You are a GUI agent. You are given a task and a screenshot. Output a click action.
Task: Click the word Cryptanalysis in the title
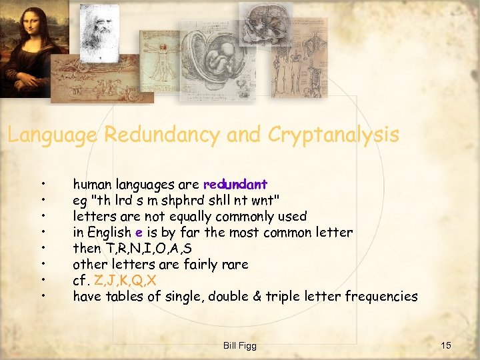point(333,135)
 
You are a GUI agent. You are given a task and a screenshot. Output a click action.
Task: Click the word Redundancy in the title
point(161,135)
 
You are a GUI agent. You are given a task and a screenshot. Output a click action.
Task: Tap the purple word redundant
point(235,184)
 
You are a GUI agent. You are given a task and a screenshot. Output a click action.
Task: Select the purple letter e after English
point(138,232)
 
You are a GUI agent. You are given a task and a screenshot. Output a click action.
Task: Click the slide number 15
point(446,345)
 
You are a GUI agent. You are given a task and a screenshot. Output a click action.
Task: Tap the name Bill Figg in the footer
point(240,345)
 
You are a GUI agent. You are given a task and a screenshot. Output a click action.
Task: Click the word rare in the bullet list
point(235,264)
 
